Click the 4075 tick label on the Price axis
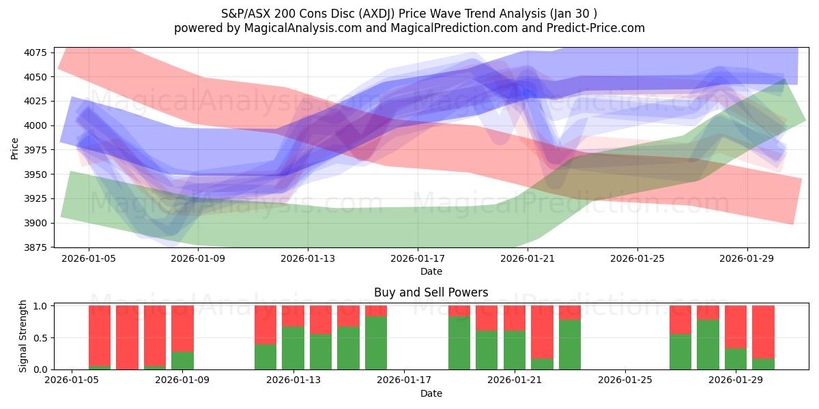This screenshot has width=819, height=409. pyautogui.click(x=35, y=52)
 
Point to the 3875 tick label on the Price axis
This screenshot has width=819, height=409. pyautogui.click(x=35, y=247)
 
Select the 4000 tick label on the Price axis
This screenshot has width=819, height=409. pyautogui.click(x=35, y=125)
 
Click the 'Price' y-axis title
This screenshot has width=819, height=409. pyautogui.click(x=14, y=147)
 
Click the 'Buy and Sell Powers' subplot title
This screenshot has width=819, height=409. pyautogui.click(x=431, y=292)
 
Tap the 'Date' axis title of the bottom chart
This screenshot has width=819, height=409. pyautogui.click(x=431, y=393)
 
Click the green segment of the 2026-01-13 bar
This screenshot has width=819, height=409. pyautogui.click(x=293, y=348)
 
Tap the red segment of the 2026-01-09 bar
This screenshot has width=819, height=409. pyautogui.click(x=182, y=328)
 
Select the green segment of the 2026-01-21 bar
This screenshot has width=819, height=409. pyautogui.click(x=515, y=350)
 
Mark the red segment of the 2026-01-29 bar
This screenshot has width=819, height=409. pyautogui.click(x=736, y=327)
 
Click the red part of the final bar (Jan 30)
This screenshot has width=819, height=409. pyautogui.click(x=763, y=331)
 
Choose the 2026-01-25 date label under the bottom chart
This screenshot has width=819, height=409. pyautogui.click(x=625, y=380)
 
